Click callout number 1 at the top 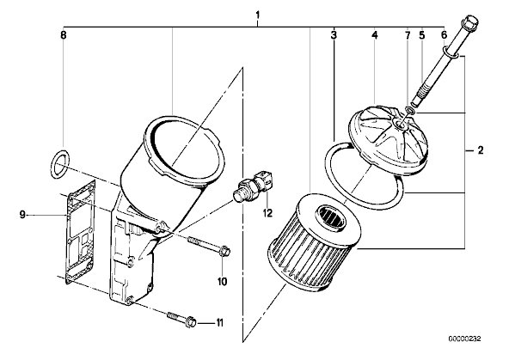click(258, 15)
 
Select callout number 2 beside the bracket click(480, 150)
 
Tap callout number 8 click(64, 34)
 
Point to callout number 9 click(22, 215)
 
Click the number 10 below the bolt click(222, 282)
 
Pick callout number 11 click(220, 323)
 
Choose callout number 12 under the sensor click(267, 213)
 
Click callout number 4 click(375, 34)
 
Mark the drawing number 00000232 click(464, 339)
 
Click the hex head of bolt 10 click(225, 251)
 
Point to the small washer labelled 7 click(410, 112)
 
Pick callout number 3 click(334, 34)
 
